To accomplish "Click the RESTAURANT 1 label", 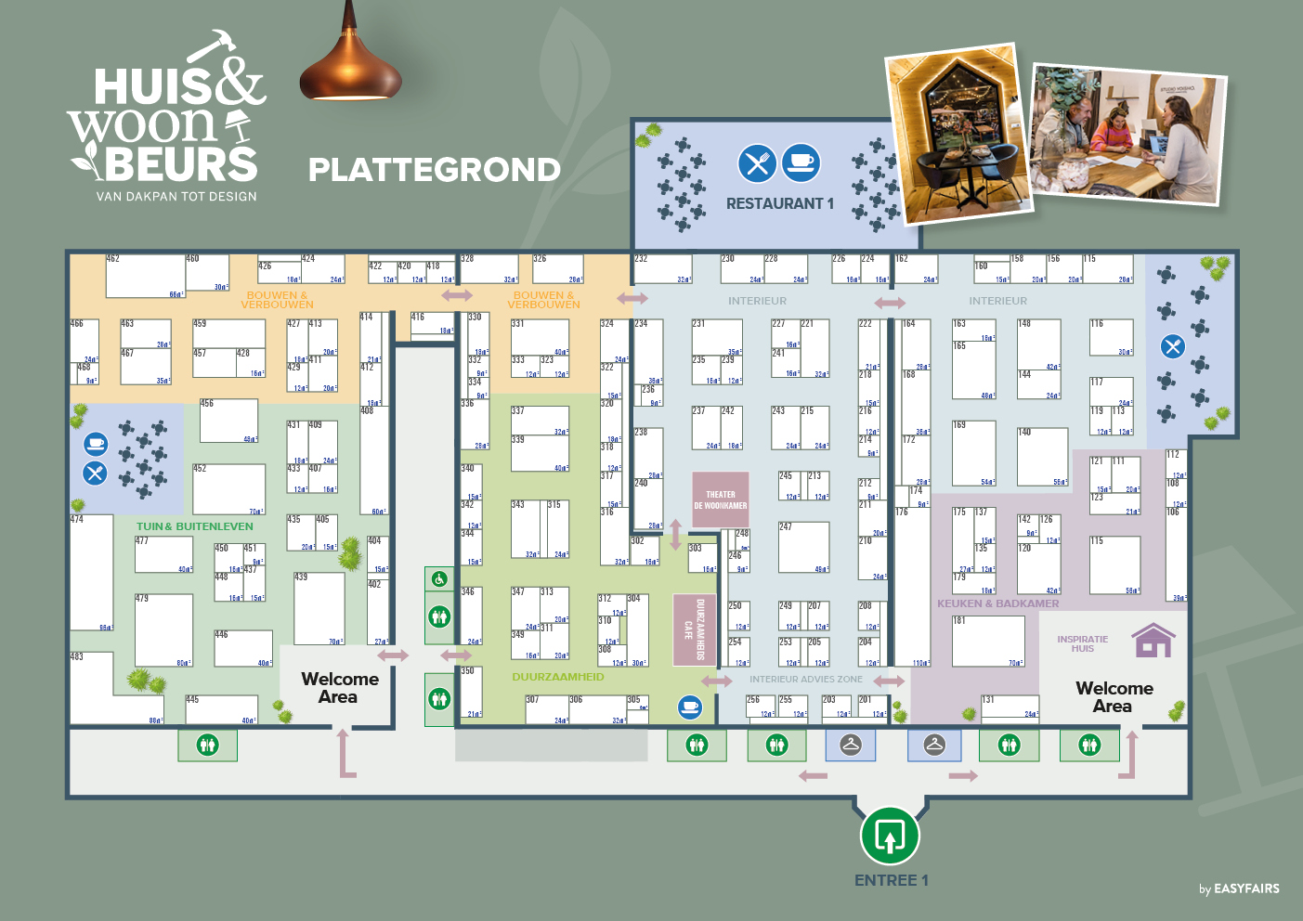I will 779,203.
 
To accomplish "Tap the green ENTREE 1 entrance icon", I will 890,836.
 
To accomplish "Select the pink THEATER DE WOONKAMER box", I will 720,500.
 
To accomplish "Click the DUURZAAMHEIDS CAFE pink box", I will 694,629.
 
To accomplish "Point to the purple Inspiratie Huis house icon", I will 1153,641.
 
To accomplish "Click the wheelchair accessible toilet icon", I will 439,579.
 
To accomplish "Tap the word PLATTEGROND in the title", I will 434,170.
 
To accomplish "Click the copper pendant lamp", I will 350,65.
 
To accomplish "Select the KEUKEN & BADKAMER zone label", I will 997,603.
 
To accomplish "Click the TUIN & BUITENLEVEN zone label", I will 195,526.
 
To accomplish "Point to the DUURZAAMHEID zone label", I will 557,677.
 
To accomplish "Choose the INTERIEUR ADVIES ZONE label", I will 805,680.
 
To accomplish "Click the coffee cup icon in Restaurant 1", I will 801,162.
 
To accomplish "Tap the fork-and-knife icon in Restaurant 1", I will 757,163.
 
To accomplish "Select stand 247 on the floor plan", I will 803,548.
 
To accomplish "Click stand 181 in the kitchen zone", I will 988,641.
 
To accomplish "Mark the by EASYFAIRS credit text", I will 1239,889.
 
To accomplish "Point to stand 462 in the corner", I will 145,276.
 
